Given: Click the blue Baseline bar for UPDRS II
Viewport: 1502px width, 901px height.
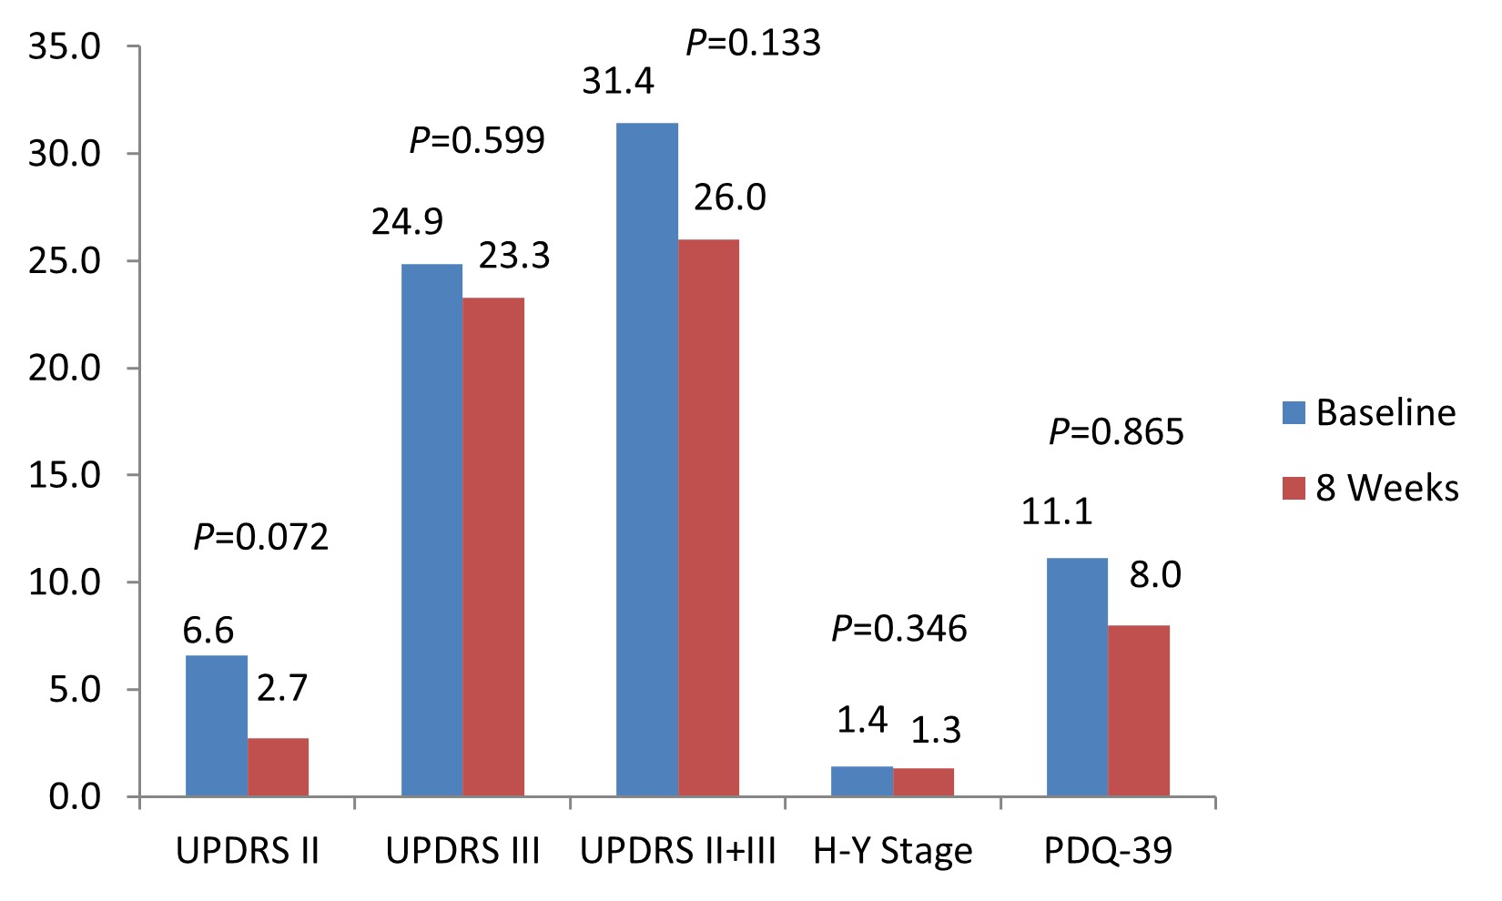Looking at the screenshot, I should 217,725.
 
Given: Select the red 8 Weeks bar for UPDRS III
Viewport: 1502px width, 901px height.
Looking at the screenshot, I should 493,546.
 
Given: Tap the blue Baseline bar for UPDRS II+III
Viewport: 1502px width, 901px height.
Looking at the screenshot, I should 647,460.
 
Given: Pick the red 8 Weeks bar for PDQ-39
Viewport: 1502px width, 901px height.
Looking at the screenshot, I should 1139,711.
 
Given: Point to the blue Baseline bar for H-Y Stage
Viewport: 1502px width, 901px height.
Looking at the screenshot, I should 862,782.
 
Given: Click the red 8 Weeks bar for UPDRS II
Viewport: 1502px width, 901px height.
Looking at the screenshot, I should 279,767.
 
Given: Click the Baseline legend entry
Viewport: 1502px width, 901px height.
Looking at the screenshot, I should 1369,413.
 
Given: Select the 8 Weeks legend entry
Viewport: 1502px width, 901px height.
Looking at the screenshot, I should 1370,489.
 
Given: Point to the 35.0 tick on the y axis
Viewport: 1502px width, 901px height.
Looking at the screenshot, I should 65,46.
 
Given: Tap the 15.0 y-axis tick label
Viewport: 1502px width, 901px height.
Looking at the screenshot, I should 65,475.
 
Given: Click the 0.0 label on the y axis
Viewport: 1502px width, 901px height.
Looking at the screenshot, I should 75,797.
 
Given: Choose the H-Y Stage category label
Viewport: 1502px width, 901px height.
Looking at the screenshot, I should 893,852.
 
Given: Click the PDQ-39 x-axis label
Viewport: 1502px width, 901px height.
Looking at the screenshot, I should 1108,852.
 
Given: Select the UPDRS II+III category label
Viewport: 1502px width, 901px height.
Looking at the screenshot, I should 678,852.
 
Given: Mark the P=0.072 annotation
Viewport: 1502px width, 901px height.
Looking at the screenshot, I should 261,537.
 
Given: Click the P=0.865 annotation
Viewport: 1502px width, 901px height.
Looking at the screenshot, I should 1117,432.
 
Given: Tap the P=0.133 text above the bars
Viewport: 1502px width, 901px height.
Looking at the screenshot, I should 754,43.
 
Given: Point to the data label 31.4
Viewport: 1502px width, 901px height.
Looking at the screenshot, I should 618,82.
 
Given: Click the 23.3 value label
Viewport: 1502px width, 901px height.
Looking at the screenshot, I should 514,257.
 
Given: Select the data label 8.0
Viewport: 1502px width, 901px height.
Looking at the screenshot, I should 1155,575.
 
